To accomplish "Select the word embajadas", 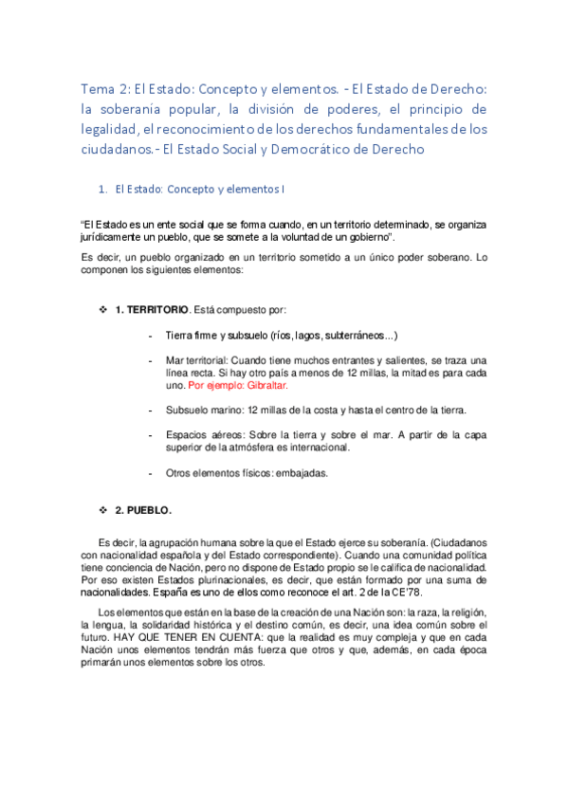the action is [x=305, y=473].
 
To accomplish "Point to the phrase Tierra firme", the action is [x=192, y=336].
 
